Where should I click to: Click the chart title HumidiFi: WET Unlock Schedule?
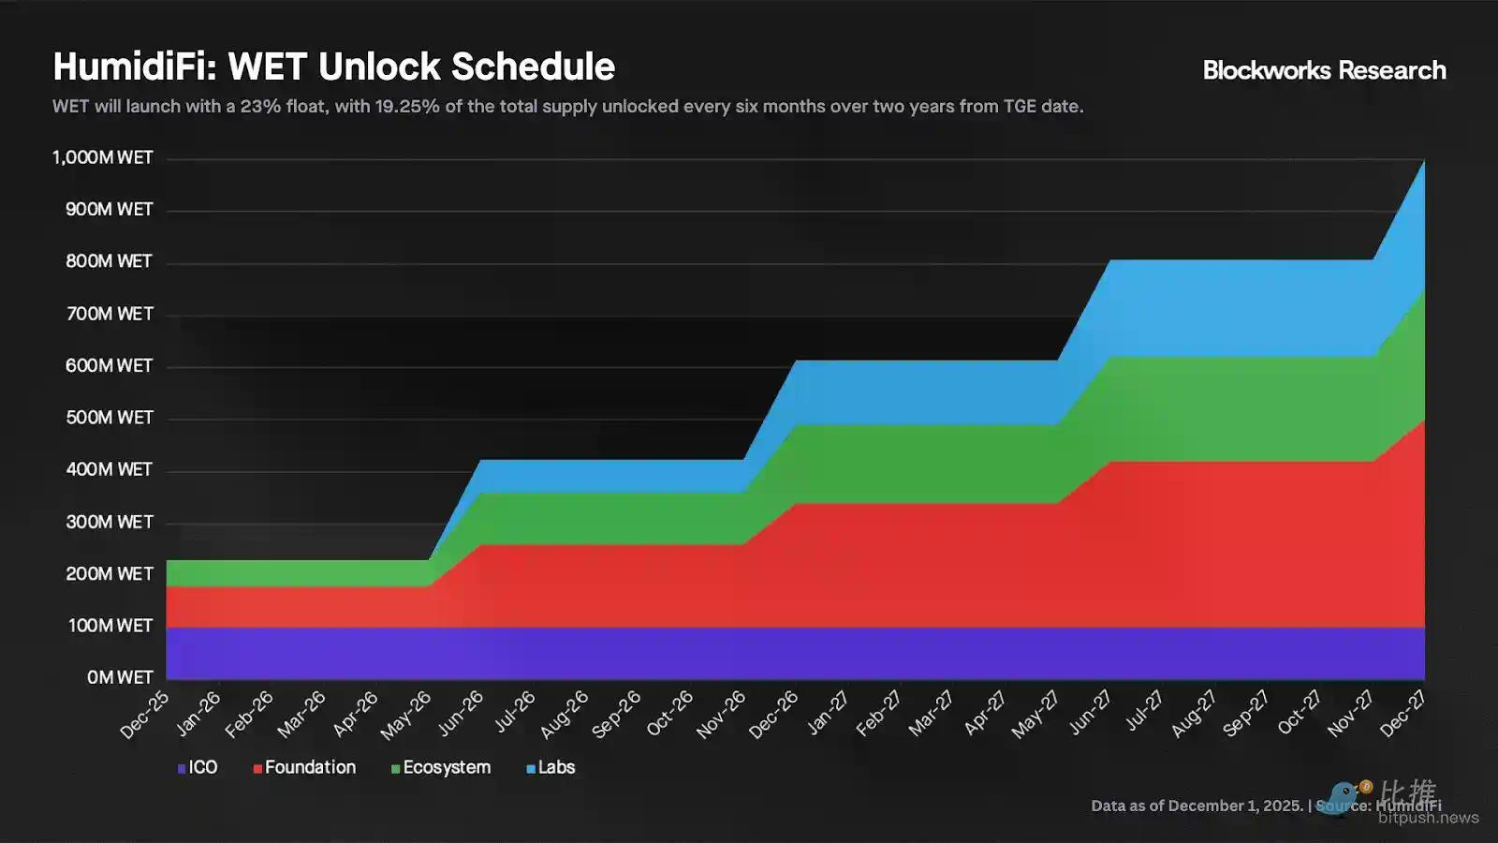tap(334, 67)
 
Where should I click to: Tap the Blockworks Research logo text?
tap(1324, 70)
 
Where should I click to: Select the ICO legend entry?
tap(198, 767)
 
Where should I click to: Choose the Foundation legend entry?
tap(305, 767)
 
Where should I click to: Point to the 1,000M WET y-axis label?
tap(103, 157)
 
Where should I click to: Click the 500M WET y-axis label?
tap(110, 418)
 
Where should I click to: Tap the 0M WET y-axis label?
tap(120, 677)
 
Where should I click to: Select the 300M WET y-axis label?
tap(110, 522)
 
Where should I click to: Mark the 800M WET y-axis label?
tap(110, 261)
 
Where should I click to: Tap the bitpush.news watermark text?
tap(1428, 818)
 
